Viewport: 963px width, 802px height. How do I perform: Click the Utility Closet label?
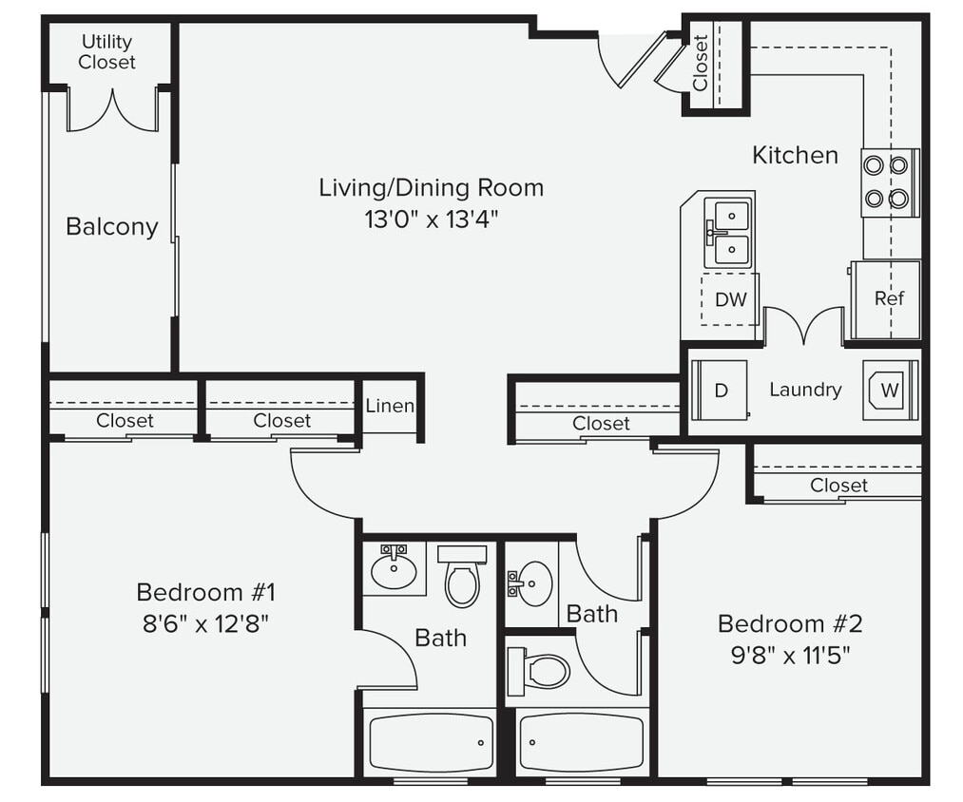coord(106,52)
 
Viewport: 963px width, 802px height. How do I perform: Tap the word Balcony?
coord(112,227)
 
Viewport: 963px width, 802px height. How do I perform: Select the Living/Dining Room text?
coord(431,187)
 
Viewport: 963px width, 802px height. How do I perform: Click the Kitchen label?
coord(795,155)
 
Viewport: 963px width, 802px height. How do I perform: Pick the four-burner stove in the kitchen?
coord(890,182)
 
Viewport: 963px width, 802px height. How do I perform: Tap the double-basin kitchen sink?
coord(728,233)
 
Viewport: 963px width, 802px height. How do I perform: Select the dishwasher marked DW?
coord(730,299)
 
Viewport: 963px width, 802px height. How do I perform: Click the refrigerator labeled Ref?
coord(888,298)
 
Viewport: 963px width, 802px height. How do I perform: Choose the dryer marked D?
coord(720,390)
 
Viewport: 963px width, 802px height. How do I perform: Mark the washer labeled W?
coord(890,390)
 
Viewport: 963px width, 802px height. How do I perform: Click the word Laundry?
coord(805,390)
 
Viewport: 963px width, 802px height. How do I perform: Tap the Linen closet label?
coord(390,407)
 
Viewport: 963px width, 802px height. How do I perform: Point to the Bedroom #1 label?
coord(205,593)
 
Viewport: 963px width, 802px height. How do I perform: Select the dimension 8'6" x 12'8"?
coord(205,623)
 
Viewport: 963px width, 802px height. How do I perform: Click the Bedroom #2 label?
coord(789,624)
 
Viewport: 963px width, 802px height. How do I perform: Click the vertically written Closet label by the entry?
coord(701,64)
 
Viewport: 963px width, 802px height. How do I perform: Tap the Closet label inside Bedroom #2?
coord(838,486)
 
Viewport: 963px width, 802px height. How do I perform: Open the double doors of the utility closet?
coord(112,111)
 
